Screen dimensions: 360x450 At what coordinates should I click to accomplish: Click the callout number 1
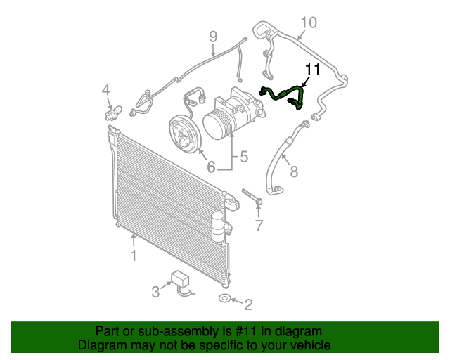tap(133, 256)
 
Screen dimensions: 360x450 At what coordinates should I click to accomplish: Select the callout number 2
tap(247, 304)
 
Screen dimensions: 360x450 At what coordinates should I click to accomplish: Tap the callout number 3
tap(155, 291)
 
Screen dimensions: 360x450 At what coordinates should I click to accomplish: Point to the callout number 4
tap(105, 89)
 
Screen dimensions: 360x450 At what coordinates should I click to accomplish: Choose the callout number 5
tap(244, 157)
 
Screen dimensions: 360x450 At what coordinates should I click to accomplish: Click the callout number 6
tap(210, 167)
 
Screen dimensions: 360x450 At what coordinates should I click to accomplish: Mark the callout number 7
tap(258, 226)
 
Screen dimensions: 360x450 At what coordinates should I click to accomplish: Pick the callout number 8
tap(294, 171)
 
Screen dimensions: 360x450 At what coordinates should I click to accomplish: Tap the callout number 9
tap(213, 36)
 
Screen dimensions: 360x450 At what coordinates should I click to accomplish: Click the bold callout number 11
tap(312, 69)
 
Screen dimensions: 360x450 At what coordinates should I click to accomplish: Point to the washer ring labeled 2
tap(224, 300)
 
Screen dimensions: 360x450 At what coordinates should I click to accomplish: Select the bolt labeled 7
tap(252, 197)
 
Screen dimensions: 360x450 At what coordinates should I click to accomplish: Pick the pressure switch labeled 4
tap(112, 112)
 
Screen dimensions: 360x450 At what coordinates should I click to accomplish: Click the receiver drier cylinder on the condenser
tap(219, 223)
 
